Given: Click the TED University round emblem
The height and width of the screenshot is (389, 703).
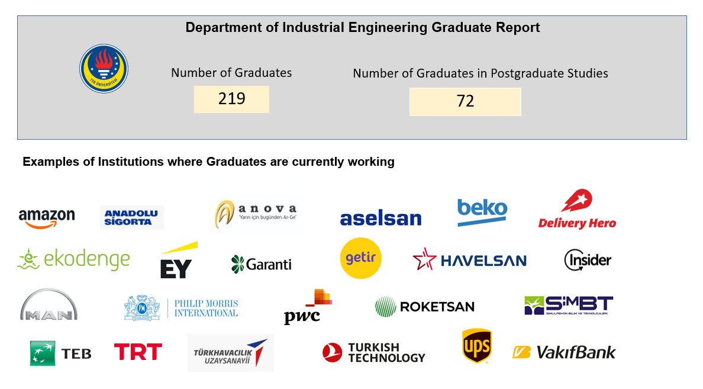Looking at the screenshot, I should [104, 69].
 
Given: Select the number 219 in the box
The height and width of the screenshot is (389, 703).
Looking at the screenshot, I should [231, 99].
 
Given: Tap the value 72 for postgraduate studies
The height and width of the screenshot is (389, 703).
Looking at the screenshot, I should [465, 101].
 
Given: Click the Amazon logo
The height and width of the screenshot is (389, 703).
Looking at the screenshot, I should [47, 217].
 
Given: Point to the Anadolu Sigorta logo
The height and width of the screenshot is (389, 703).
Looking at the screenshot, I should [132, 217].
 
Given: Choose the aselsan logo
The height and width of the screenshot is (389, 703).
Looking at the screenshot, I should [380, 218].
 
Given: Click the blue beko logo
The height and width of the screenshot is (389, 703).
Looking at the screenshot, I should [482, 211].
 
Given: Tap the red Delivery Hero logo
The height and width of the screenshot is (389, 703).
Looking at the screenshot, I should [577, 210].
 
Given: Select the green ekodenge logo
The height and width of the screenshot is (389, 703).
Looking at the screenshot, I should [74, 259].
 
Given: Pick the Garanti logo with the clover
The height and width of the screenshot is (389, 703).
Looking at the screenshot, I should [261, 264].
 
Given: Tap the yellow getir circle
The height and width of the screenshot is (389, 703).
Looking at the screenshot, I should [361, 258].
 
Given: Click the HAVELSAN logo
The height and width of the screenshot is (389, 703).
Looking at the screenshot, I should [469, 260].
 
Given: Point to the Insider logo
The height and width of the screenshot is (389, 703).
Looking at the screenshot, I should [587, 259].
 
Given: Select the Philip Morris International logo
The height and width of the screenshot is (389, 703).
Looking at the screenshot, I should [181, 307].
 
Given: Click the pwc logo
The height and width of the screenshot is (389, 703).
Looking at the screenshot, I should [307, 307].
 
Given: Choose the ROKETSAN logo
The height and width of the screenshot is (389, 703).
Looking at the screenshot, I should [424, 306].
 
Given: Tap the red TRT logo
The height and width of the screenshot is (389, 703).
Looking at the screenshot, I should [138, 352].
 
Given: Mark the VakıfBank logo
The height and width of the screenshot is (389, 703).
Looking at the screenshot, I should [563, 353].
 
